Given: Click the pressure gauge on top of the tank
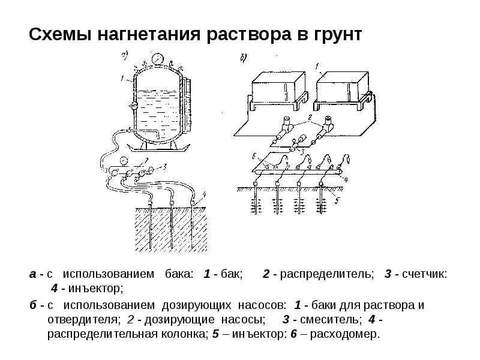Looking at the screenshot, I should pyautogui.click(x=156, y=59).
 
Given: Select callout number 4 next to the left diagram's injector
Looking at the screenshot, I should pyautogui.click(x=203, y=193).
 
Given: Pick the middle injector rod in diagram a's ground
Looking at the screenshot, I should pyautogui.click(x=173, y=225).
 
